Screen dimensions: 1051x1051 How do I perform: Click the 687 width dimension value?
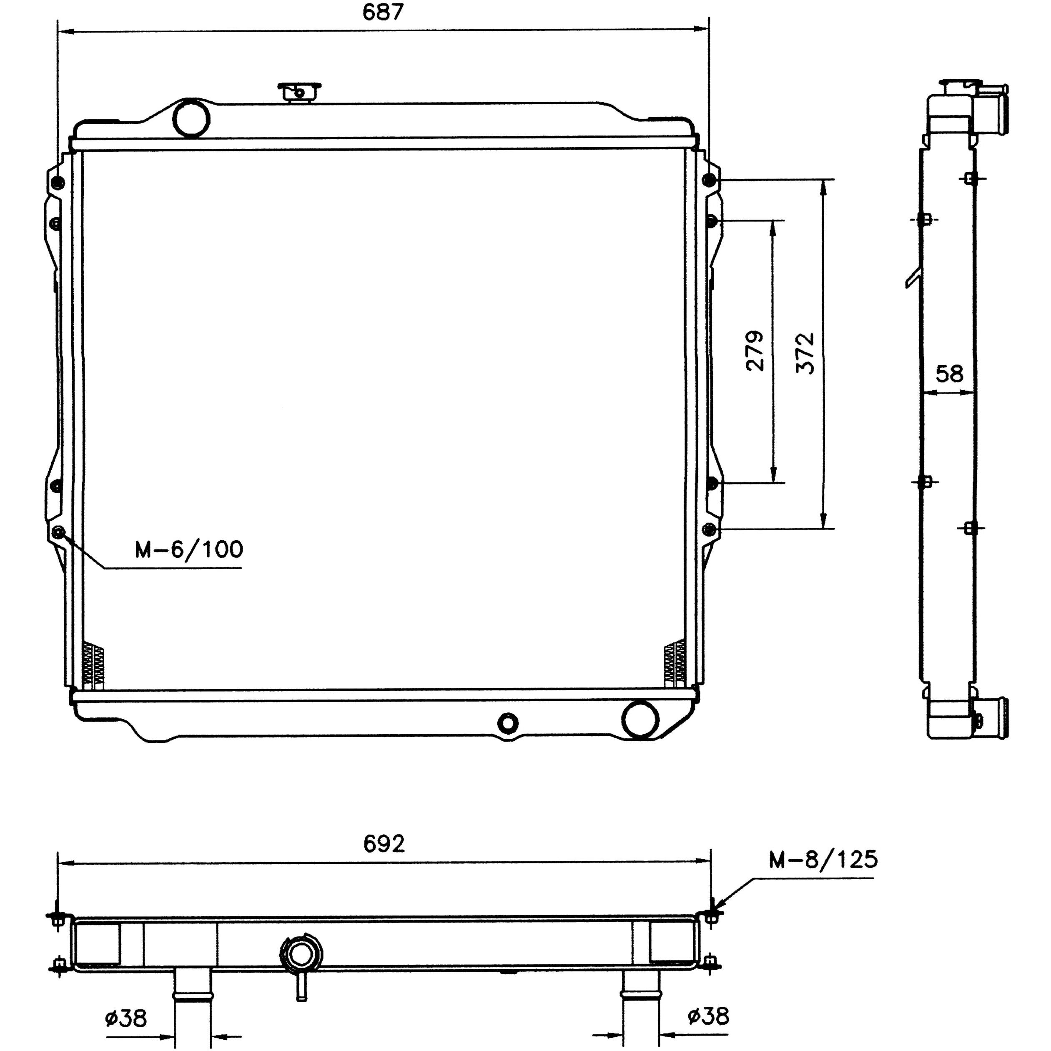383,12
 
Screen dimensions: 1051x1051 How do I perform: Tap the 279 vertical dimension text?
755,351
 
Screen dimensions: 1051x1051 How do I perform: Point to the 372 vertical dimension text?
805,353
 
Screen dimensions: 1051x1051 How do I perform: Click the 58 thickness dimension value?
949,374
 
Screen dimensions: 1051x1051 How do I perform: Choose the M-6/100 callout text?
189,549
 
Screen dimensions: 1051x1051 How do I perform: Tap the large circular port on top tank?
191,118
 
